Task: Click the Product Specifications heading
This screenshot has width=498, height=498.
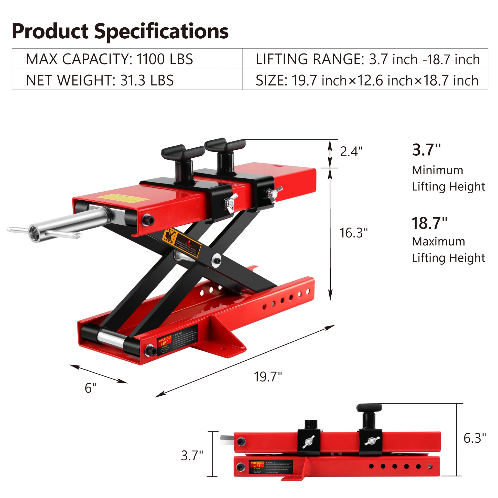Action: [x=120, y=31]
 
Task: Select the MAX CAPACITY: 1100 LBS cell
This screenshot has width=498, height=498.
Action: [x=109, y=59]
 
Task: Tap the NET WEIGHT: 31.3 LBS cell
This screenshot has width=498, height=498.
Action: [x=100, y=80]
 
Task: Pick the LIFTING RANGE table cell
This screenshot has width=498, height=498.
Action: [x=367, y=59]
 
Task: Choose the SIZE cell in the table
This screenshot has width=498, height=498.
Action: [x=367, y=80]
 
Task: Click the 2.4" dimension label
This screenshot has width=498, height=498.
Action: [x=351, y=151]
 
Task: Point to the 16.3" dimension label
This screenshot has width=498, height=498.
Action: [x=353, y=233]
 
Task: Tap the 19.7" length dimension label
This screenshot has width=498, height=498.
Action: [x=268, y=377]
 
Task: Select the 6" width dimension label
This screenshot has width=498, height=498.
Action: [x=91, y=388]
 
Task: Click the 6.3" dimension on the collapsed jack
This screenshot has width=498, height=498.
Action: [x=474, y=438]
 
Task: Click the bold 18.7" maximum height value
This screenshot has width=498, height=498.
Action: [x=429, y=223]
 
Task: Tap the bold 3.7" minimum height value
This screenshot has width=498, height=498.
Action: [x=426, y=150]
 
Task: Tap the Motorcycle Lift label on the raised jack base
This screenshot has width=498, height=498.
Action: [x=165, y=343]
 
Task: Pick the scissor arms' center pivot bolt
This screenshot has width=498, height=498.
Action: [x=217, y=260]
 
